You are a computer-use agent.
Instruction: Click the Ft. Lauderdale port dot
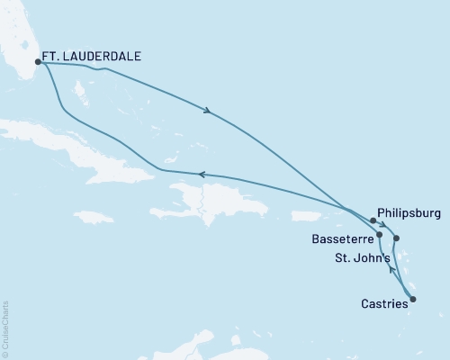tap(38, 62)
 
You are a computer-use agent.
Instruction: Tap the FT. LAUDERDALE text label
tap(93, 56)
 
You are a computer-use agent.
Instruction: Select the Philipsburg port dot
tap(373, 220)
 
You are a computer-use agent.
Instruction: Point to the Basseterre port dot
tap(380, 235)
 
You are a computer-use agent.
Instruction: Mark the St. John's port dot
tap(398, 238)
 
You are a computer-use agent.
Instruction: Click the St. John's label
tap(363, 260)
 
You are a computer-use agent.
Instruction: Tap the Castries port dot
tap(413, 299)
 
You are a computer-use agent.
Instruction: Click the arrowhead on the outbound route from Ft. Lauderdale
tap(209, 112)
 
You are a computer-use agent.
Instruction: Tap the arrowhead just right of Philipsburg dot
tap(383, 225)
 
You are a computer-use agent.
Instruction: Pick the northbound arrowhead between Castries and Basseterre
tap(390, 268)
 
